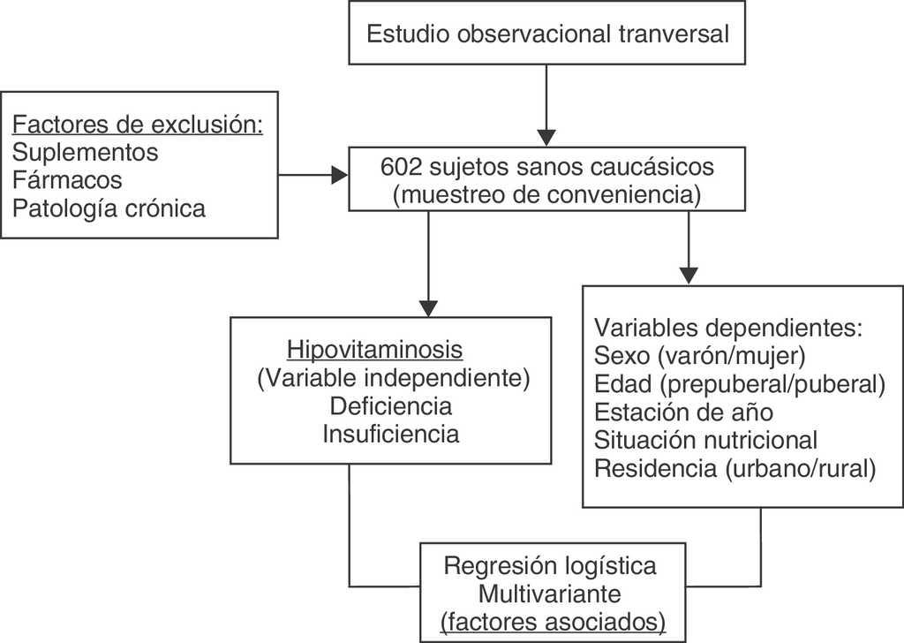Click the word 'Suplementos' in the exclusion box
point(86,152)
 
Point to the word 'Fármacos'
point(67,180)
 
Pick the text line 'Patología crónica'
point(109,208)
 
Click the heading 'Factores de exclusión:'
point(139,124)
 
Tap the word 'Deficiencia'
point(391,406)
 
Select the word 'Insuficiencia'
point(391,435)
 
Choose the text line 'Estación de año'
point(684,412)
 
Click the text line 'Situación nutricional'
point(706,440)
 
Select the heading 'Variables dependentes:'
point(734,328)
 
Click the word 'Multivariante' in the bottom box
point(551,593)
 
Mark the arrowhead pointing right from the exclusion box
point(339,176)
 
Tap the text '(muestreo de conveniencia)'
point(547,193)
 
